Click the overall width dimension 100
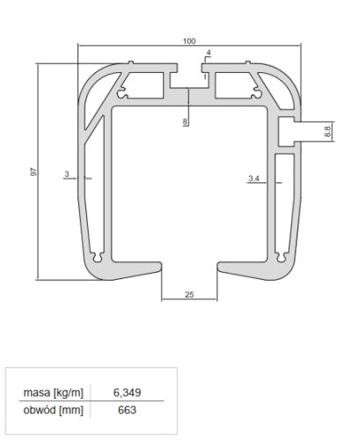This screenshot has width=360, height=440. (x=188, y=41)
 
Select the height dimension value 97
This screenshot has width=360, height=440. (x=33, y=172)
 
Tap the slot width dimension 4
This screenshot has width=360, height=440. (x=208, y=54)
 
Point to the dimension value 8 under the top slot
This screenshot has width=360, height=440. (x=185, y=121)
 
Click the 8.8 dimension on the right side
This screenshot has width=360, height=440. (x=327, y=131)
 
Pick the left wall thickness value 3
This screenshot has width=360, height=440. (x=67, y=174)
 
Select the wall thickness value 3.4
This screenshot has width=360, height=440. (x=253, y=179)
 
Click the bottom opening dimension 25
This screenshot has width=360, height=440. (x=189, y=295)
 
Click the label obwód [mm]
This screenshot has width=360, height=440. (x=55, y=409)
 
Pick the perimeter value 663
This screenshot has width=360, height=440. (x=129, y=409)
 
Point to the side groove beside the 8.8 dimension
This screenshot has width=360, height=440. (x=289, y=131)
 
